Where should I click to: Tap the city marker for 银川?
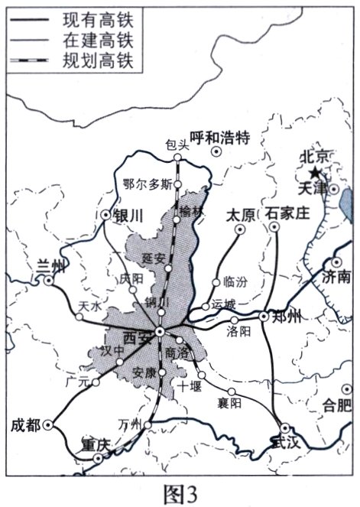(105, 215)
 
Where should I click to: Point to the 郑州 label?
(289, 316)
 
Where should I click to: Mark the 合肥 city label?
(336, 406)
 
